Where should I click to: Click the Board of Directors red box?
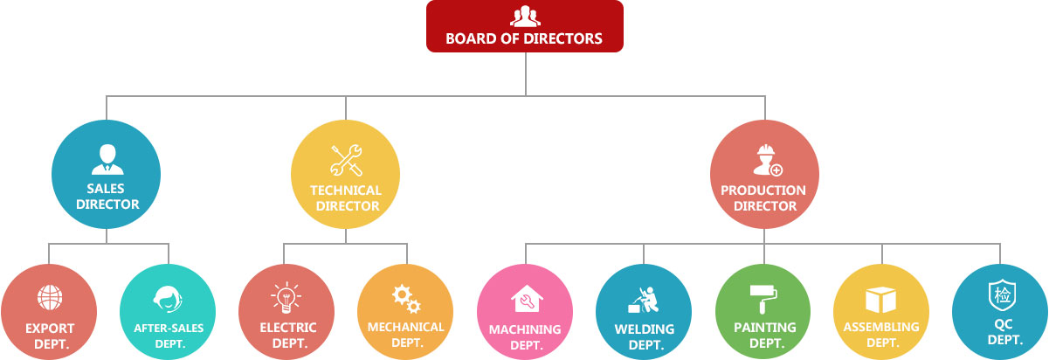(524, 26)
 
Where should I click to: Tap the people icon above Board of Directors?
(524, 17)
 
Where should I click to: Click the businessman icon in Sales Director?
(107, 159)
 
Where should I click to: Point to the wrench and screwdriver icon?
(346, 160)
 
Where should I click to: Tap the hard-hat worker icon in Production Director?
(766, 160)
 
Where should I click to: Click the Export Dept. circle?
(49, 311)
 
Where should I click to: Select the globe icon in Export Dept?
(49, 297)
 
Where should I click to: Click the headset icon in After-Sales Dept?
(167, 300)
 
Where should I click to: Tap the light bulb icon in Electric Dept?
(287, 298)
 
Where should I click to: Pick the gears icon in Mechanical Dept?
(406, 299)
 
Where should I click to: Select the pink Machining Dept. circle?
(525, 311)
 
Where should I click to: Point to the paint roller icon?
(763, 298)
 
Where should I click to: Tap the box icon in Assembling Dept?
(881, 300)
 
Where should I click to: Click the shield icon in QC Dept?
(1000, 295)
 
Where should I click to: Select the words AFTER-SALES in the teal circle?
(167, 329)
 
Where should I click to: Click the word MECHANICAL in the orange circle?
(406, 327)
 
